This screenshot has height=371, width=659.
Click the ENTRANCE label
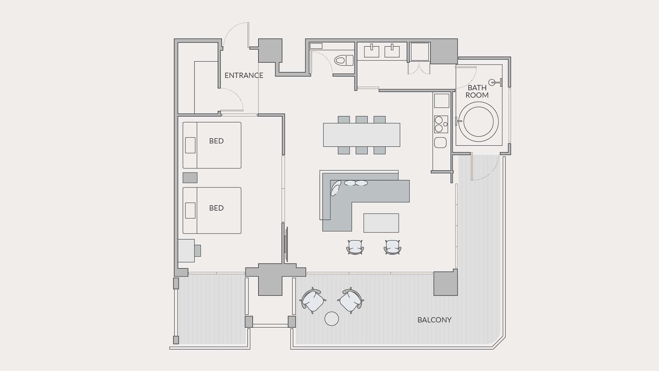click(244, 76)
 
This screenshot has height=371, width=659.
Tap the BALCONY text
click(434, 320)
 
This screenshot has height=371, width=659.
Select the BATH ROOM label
click(477, 91)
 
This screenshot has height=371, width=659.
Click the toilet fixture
click(344, 60)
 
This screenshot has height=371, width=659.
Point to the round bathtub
click(478, 122)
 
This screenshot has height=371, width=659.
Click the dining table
click(361, 135)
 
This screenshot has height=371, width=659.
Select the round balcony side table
click(331, 319)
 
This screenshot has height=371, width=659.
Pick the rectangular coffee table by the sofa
click(381, 223)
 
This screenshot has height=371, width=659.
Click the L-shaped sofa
click(362, 201)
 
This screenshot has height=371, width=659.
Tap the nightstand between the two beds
click(190, 178)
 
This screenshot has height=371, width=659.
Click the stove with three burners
click(441, 124)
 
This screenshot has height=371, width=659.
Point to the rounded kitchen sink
click(441, 142)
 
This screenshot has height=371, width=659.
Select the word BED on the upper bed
click(216, 141)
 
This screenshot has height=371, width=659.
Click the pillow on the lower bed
click(190, 210)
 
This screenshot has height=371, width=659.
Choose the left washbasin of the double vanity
click(371, 51)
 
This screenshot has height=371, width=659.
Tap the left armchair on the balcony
click(312, 300)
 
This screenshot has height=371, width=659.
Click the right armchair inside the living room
click(392, 247)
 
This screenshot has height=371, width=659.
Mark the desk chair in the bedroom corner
click(197, 251)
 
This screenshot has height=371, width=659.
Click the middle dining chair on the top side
click(361, 119)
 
